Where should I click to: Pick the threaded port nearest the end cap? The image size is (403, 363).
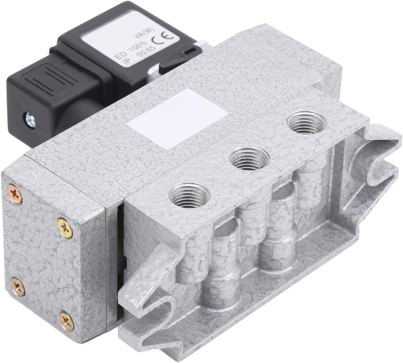(x=190, y=198)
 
